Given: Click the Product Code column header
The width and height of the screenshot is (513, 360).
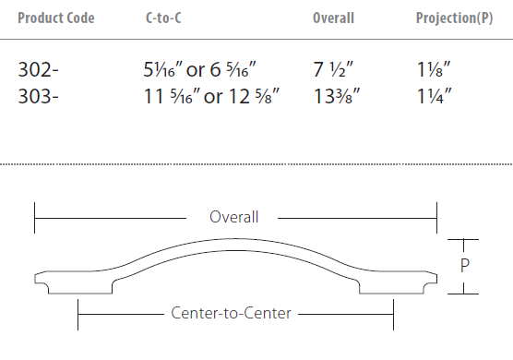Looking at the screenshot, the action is (56, 18).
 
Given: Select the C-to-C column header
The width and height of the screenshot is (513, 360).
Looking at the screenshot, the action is (163, 18).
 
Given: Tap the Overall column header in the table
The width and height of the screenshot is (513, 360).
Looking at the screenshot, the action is (333, 18).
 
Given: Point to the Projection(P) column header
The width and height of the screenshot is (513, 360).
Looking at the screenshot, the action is (454, 18).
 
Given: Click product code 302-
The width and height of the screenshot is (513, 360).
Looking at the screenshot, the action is (38, 70).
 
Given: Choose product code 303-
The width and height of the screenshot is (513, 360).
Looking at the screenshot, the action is (38, 97).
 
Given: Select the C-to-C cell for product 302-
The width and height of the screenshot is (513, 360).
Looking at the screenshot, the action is (199, 70).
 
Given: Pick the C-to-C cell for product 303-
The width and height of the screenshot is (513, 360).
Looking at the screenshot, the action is (211, 97).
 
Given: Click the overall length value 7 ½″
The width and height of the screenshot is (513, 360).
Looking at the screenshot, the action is (333, 70).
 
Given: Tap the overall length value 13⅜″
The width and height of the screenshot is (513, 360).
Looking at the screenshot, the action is (337, 97).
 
